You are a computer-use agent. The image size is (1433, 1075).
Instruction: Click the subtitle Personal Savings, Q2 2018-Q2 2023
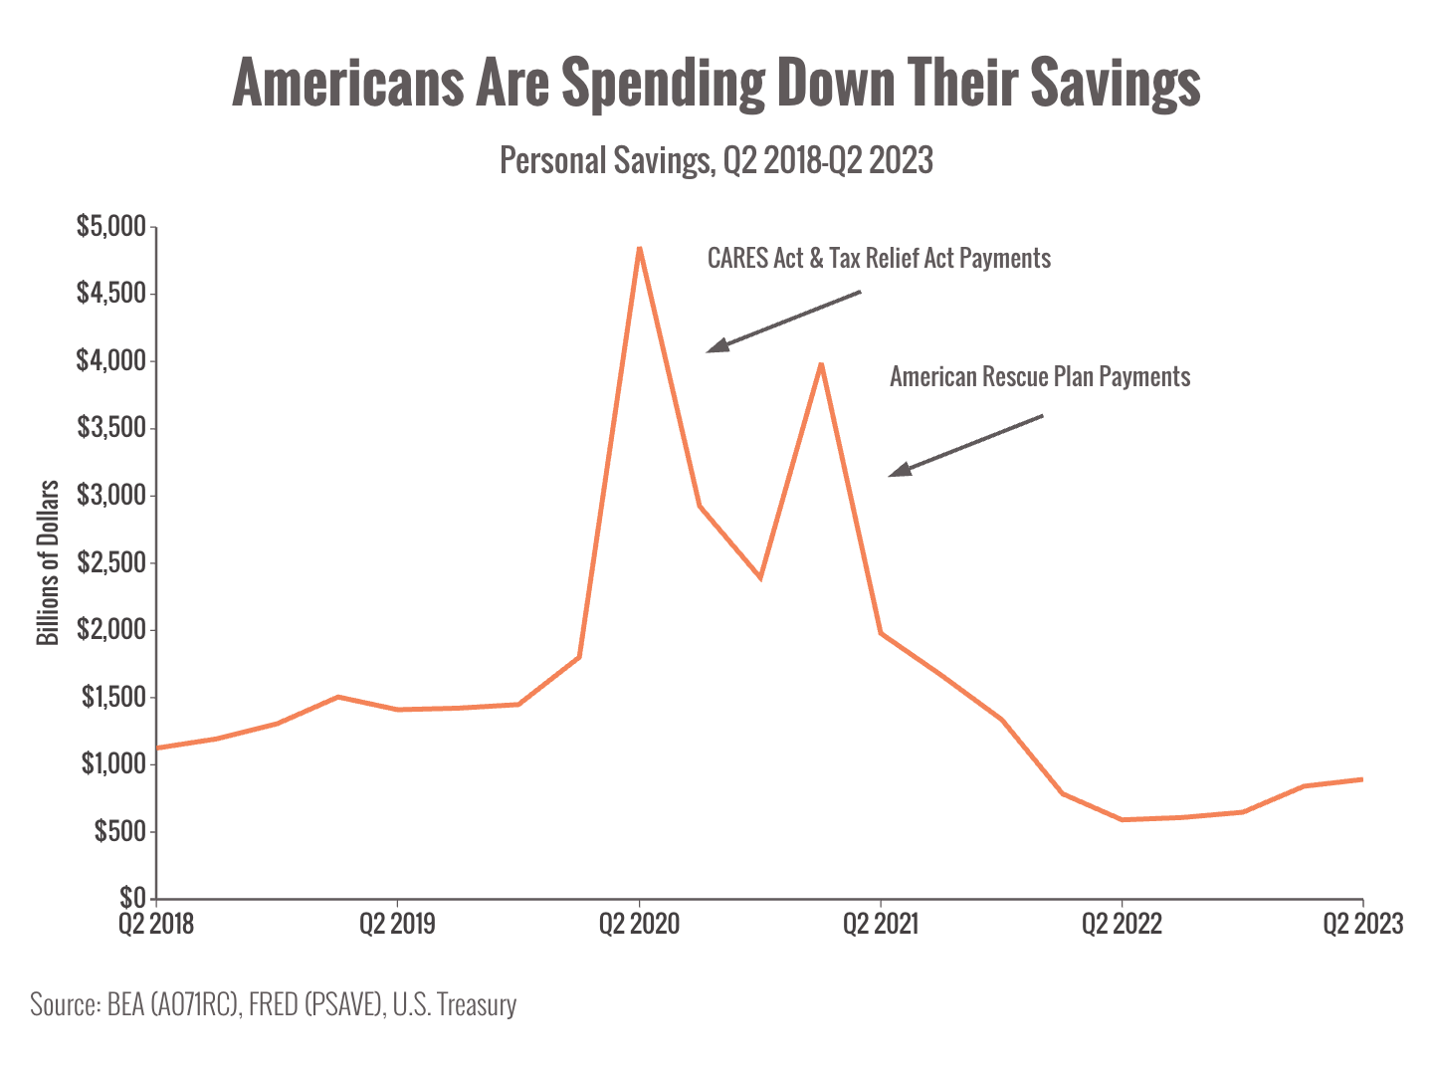point(716,160)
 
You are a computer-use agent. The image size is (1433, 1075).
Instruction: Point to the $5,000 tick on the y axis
point(110,227)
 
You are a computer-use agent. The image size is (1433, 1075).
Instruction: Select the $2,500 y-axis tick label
point(110,563)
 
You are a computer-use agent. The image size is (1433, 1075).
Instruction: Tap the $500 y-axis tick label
point(119,831)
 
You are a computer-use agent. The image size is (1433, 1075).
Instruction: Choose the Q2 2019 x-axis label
point(397,924)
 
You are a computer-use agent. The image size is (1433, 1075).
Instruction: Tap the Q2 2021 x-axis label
point(881,924)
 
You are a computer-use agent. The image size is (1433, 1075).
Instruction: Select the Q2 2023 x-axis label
point(1361,924)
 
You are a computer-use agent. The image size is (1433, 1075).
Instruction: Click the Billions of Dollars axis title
point(48,562)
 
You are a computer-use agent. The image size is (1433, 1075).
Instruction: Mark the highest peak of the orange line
point(639,248)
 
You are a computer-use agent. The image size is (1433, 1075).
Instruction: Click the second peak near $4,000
point(820,364)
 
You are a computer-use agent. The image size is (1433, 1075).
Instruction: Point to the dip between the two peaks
point(760,577)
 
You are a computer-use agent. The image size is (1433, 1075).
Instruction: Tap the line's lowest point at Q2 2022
point(1123,819)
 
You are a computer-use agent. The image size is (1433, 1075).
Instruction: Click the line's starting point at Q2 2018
point(158,747)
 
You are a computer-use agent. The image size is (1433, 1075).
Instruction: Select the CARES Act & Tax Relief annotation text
point(879,259)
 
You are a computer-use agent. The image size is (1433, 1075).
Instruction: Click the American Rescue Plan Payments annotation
point(1040,377)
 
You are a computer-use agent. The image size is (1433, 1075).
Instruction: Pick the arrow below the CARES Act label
point(782,322)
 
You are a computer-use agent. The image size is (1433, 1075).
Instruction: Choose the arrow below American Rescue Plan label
point(964,446)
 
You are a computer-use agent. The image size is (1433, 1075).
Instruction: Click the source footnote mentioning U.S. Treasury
point(274,1004)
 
